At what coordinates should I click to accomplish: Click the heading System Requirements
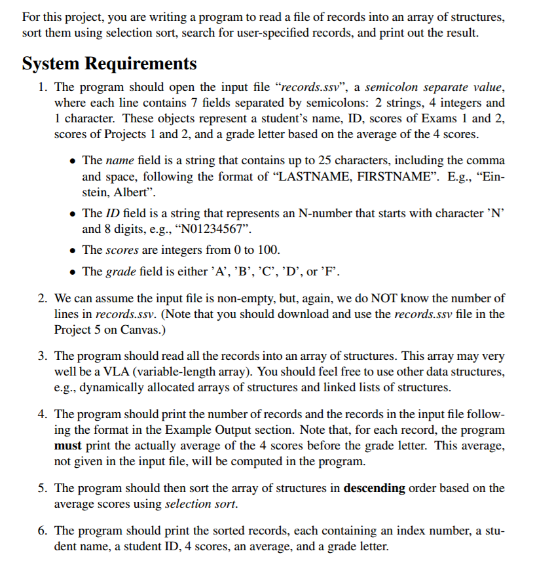[x=109, y=63]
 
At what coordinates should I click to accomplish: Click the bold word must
[x=67, y=446]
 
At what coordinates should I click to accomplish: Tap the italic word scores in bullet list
[x=121, y=251]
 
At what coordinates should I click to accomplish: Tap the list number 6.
[x=41, y=530]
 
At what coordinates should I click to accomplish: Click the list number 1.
[x=41, y=87]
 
